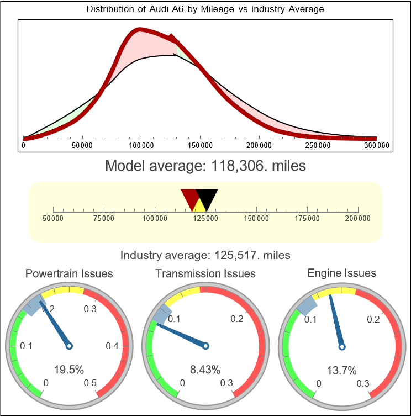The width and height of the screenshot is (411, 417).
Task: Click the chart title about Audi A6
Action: [205, 9]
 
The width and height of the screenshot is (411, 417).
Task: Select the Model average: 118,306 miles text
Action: [205, 165]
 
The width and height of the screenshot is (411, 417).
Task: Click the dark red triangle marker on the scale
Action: [190, 198]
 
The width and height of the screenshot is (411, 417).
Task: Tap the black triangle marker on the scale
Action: [208, 198]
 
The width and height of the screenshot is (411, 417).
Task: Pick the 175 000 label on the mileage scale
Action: [307, 218]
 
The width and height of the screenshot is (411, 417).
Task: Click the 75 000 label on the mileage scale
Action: [104, 218]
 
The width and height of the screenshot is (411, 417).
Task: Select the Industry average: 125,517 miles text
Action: [205, 255]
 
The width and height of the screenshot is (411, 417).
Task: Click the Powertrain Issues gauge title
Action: [69, 273]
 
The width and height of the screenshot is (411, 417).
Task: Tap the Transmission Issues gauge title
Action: [205, 273]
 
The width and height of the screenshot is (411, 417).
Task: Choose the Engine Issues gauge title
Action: [342, 273]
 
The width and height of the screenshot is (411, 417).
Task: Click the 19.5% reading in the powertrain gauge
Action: [69, 370]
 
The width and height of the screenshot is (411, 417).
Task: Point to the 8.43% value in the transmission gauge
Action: [205, 370]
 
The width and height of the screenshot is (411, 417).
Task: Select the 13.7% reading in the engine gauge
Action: [342, 370]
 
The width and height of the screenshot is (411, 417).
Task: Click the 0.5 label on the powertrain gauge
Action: [91, 383]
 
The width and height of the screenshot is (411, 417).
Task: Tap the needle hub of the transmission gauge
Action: [205, 346]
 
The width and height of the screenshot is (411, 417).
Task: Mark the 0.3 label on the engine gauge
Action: [362, 383]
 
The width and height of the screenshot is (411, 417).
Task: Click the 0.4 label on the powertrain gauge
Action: [112, 346]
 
